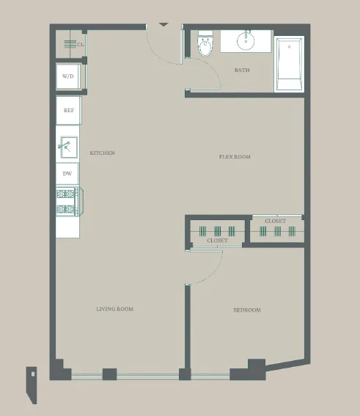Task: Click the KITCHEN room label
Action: coord(102,153)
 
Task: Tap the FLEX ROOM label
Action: coord(235,157)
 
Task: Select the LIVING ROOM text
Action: coord(114,310)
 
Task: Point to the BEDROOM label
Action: coord(246,310)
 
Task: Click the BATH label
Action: coord(241,70)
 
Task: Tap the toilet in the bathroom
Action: coord(205,47)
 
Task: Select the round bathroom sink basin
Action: coord(245,42)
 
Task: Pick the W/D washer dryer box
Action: coord(68,76)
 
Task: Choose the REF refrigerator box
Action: coord(68,111)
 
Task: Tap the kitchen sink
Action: coord(67,147)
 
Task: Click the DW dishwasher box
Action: coord(67,174)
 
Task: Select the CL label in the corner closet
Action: coord(80,45)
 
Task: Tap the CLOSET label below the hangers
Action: coord(217,241)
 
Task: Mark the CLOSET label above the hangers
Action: coord(275,221)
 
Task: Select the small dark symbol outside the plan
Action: coord(32,382)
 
